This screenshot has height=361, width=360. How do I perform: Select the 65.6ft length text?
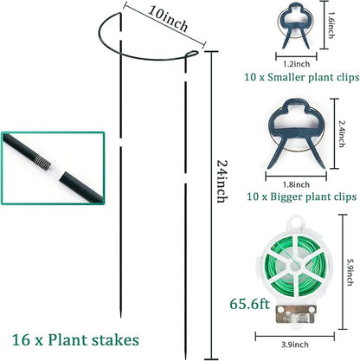(249, 304)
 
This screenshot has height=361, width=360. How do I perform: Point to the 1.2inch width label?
(297, 62)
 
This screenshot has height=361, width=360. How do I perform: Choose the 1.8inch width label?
(297, 184)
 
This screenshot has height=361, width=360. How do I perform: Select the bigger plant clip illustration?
(297, 135)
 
